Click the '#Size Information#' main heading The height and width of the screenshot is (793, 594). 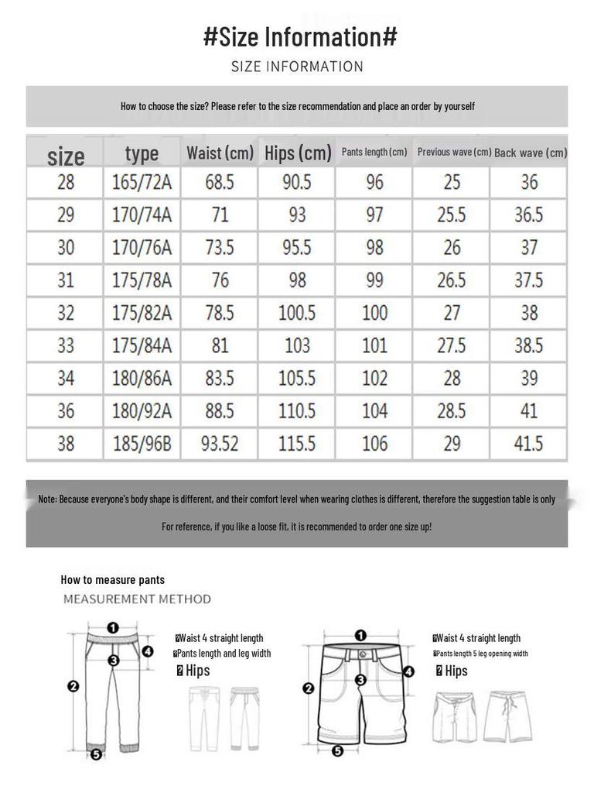300,36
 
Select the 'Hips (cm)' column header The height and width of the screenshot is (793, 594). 298,153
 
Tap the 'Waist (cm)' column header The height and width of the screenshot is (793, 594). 220,153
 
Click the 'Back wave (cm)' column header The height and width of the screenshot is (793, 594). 530,153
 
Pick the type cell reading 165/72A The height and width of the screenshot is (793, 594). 142,183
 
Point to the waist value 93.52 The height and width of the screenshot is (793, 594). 220,444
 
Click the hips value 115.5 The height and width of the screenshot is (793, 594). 297,444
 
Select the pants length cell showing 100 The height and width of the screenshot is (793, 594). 374,313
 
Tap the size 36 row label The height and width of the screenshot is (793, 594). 66,410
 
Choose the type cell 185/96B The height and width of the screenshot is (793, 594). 142,444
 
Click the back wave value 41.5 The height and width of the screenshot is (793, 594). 529,444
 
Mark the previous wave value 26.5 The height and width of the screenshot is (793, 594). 452,280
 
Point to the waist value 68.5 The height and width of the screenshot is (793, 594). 220,183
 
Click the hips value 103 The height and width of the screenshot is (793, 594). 297,345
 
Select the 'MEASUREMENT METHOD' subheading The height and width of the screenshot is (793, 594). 137,599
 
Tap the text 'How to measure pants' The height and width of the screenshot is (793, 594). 113,579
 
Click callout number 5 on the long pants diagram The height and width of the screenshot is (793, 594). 96,754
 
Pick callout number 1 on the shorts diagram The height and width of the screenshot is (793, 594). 360,636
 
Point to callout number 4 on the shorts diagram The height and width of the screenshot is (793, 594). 409,671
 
